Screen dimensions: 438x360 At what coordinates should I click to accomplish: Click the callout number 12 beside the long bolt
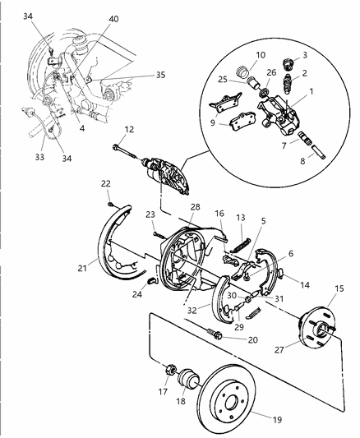[x=129, y=128]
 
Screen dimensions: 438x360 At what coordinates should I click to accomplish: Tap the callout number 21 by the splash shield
[x=83, y=267]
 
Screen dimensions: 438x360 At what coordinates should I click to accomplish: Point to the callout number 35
[x=160, y=74]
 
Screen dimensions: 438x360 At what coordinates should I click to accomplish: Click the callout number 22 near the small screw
[x=106, y=183]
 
